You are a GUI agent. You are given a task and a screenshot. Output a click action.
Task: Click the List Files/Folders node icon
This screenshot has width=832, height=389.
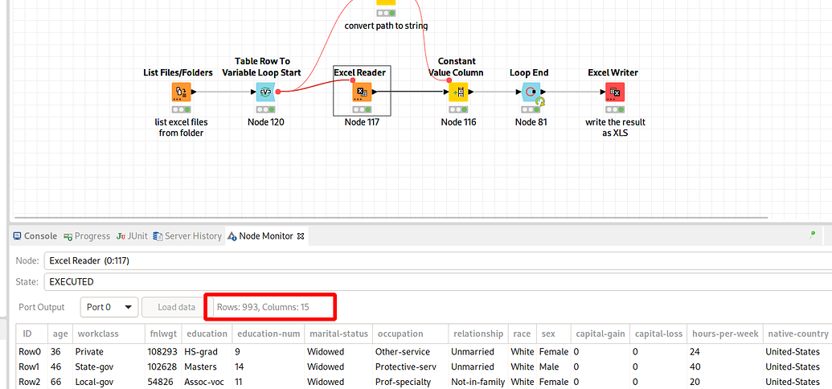pyautogui.click(x=181, y=92)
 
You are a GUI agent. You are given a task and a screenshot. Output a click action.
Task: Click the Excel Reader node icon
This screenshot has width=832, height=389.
pyautogui.click(x=362, y=92)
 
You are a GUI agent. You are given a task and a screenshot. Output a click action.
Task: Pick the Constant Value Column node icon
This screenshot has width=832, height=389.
pyautogui.click(x=458, y=92)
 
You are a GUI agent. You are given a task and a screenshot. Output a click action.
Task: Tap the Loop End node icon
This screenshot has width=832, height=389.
pyautogui.click(x=531, y=92)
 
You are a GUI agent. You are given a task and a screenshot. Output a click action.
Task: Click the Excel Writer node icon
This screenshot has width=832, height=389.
pyautogui.click(x=614, y=92)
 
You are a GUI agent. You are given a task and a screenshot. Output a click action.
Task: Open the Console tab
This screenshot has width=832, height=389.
pyautogui.click(x=35, y=236)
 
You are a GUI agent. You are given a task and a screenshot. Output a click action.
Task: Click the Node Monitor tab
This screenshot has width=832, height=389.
pyautogui.click(x=261, y=236)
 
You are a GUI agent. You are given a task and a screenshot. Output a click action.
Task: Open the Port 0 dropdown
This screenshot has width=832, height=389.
pyautogui.click(x=109, y=307)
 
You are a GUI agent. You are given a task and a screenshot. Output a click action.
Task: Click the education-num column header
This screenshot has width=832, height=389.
pyautogui.click(x=268, y=334)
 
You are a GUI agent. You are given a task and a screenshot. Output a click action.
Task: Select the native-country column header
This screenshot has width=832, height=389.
pyautogui.click(x=797, y=334)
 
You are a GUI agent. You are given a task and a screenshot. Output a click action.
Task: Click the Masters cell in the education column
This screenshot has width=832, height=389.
pyautogui.click(x=199, y=366)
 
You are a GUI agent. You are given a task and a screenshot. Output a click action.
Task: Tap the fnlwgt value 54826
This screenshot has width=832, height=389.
pyautogui.click(x=162, y=381)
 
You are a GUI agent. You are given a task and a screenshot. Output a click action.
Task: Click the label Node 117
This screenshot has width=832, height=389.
pyautogui.click(x=362, y=122)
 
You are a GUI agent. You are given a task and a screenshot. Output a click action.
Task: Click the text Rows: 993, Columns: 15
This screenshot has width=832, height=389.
pyautogui.click(x=263, y=307)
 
